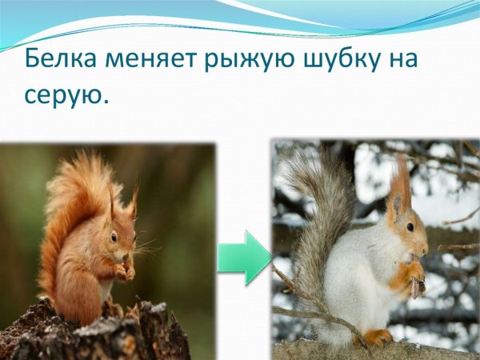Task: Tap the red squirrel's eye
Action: tap(114, 236)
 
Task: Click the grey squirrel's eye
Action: tap(410, 227)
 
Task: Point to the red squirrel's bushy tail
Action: tap(68, 208)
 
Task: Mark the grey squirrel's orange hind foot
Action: tap(378, 337)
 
